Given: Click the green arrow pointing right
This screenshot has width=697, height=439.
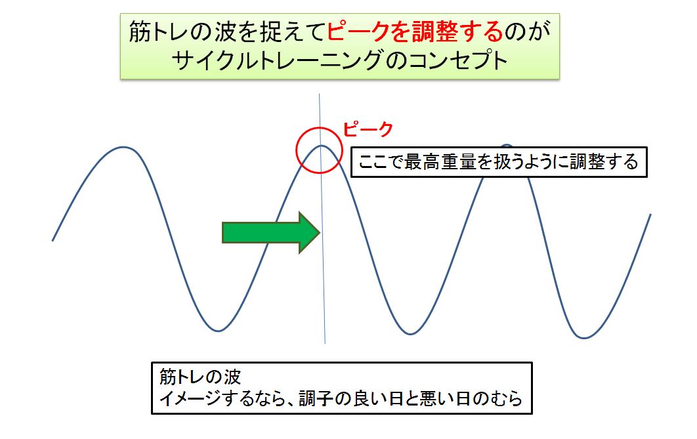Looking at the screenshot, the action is pyautogui.click(x=270, y=232).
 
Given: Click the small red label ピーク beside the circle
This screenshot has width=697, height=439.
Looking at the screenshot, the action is pyautogui.click(x=368, y=129).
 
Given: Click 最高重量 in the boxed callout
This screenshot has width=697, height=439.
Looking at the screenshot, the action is pyautogui.click(x=440, y=162).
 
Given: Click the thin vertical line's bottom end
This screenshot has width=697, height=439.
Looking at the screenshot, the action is pyautogui.click(x=325, y=343).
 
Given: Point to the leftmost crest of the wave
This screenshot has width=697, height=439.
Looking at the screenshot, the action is pyautogui.click(x=123, y=147).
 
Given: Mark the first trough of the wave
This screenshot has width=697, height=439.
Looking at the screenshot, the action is pyautogui.click(x=218, y=331).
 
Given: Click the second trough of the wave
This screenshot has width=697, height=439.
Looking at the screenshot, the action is pyautogui.click(x=410, y=334).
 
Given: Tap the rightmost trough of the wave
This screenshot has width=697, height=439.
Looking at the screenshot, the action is pyautogui.click(x=584, y=338).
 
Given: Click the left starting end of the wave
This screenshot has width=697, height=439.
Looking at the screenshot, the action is pyautogui.click(x=53, y=241).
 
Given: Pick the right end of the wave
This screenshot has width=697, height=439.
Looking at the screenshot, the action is pyautogui.click(x=651, y=214).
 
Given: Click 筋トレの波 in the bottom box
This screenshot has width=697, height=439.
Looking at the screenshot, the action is pyautogui.click(x=200, y=377).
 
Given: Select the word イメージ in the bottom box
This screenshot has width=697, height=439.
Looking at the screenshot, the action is pyautogui.click(x=190, y=398).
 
